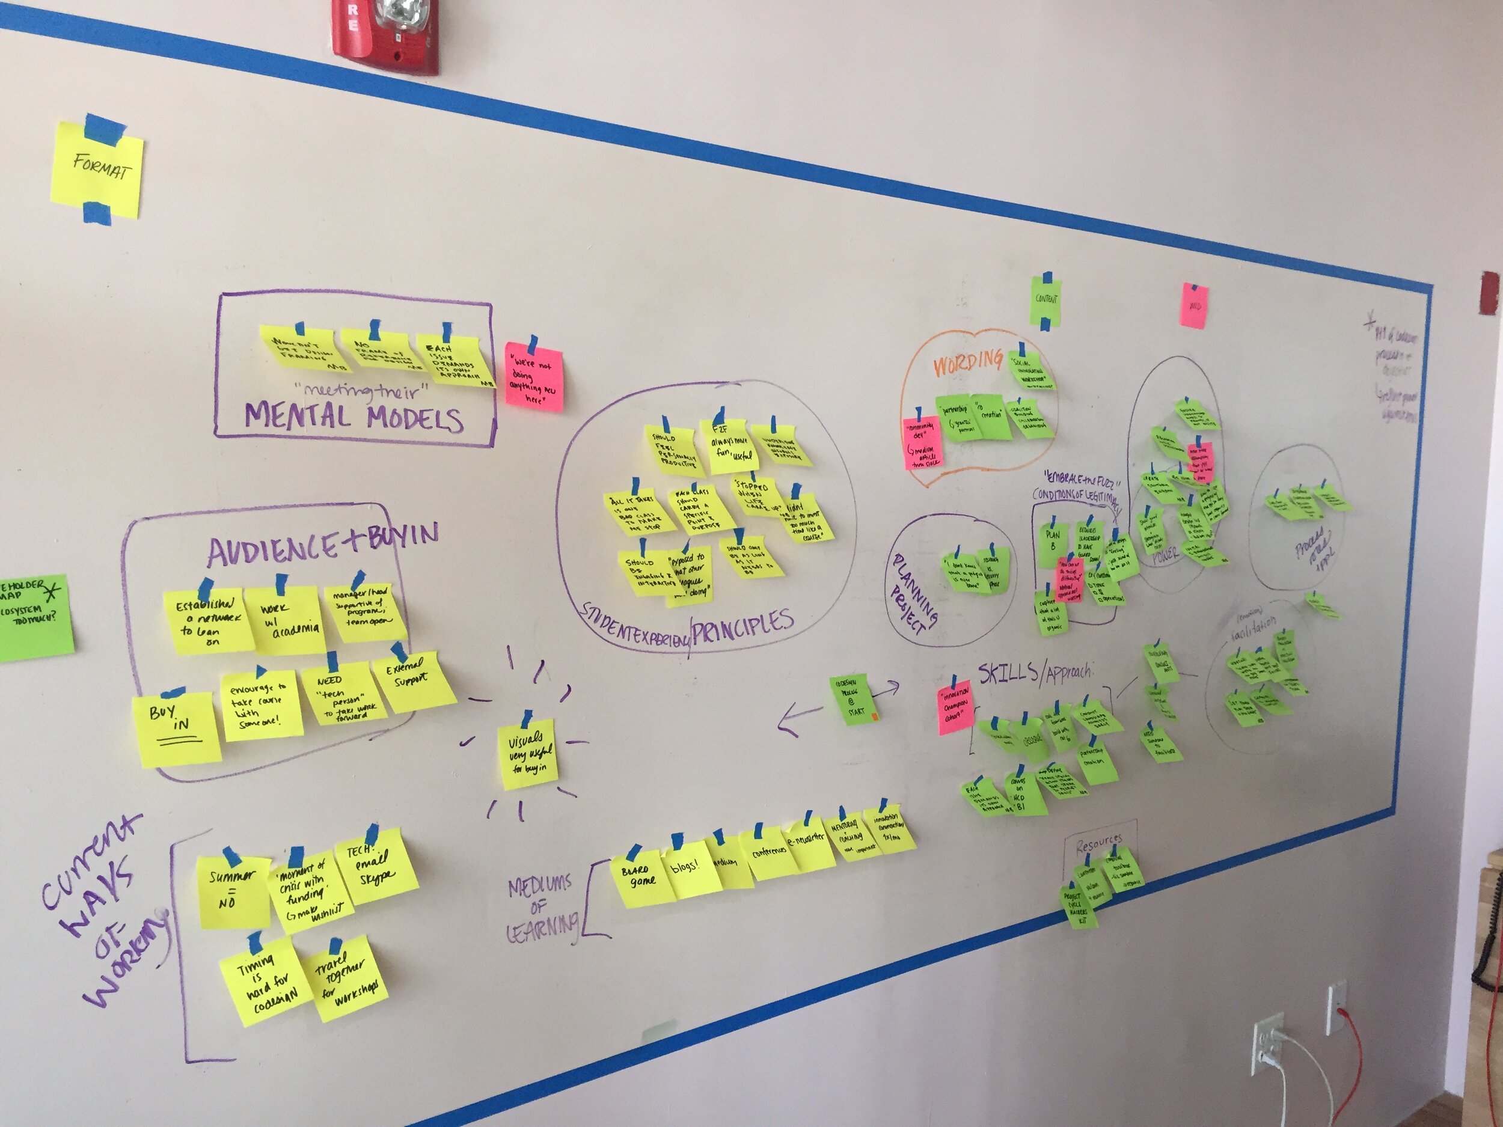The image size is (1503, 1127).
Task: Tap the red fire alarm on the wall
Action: [x=385, y=34]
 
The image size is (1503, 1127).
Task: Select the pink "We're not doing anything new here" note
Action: [x=534, y=377]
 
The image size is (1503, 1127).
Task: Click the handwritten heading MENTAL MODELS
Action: [x=354, y=416]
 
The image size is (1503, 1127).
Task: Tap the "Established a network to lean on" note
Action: [x=207, y=621]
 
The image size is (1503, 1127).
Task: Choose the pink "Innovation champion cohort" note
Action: [x=955, y=706]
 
